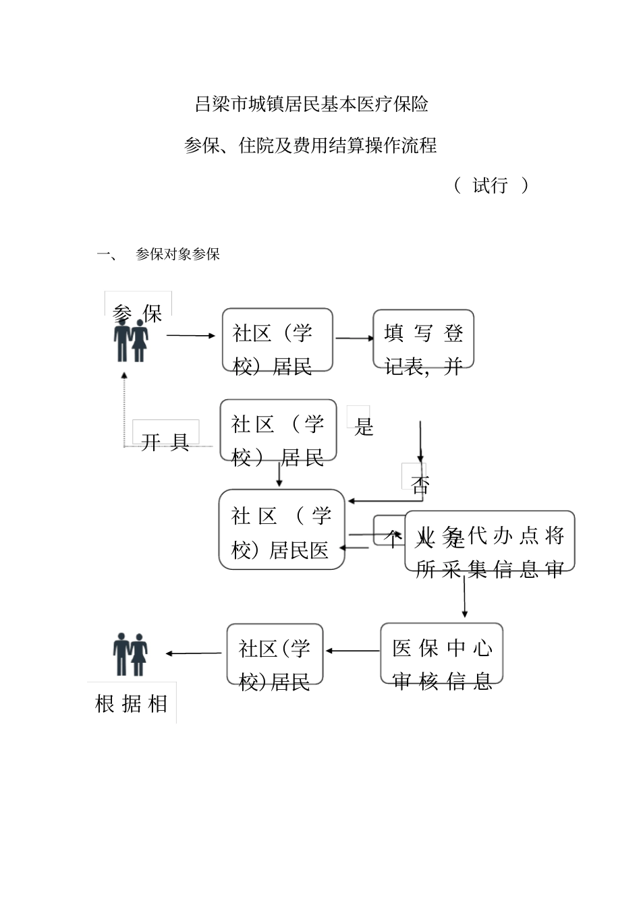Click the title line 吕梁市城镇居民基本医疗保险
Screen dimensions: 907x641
(x=311, y=105)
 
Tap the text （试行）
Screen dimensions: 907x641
(x=491, y=185)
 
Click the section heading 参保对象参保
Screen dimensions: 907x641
(x=177, y=254)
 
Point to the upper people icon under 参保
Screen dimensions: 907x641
(x=131, y=341)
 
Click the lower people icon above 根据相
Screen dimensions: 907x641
(x=130, y=654)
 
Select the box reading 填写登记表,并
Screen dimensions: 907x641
(x=423, y=339)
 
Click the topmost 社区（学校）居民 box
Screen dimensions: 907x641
(x=277, y=340)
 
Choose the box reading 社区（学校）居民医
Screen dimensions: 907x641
(x=281, y=529)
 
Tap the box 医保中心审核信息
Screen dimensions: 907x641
(x=441, y=653)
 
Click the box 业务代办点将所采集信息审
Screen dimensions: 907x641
(x=490, y=542)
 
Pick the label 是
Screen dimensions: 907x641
(x=363, y=426)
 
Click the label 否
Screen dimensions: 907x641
(x=420, y=484)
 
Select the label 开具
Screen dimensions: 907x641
(x=165, y=442)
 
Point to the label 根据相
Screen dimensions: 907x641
(x=132, y=703)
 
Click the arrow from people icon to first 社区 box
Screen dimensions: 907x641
(x=191, y=335)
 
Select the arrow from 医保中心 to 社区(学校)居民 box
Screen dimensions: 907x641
(x=352, y=651)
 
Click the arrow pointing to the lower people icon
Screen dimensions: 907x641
(x=194, y=653)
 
